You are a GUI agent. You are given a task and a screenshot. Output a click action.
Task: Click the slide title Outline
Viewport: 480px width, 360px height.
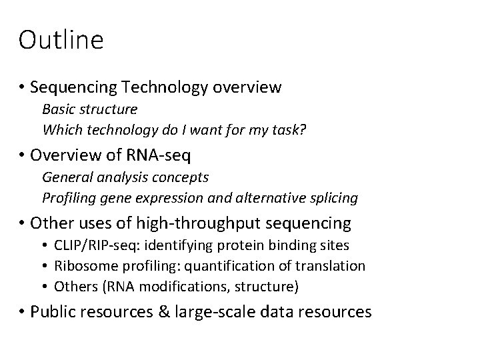(61, 40)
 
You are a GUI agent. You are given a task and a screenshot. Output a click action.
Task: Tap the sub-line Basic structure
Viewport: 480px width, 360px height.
(90, 108)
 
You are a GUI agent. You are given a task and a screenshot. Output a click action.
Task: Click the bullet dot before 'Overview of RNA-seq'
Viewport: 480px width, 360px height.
(22, 156)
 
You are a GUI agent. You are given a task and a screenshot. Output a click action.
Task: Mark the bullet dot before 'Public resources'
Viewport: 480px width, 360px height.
(22, 311)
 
